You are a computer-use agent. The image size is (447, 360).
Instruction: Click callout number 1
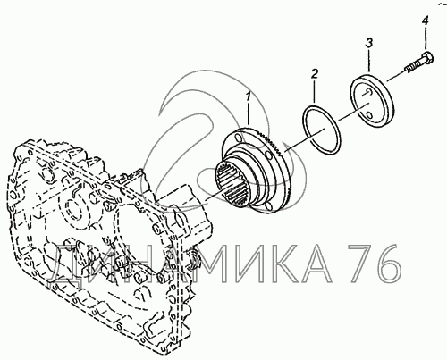coord(248,96)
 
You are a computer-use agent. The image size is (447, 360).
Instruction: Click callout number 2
coord(315,73)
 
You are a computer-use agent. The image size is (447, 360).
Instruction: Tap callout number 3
coord(369,43)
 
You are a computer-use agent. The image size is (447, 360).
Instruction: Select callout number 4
coord(425,21)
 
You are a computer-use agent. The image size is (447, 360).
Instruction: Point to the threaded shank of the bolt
coord(413,68)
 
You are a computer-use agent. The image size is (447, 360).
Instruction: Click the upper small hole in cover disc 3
coord(367,93)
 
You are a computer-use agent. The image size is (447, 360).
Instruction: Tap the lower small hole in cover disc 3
coord(369,115)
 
